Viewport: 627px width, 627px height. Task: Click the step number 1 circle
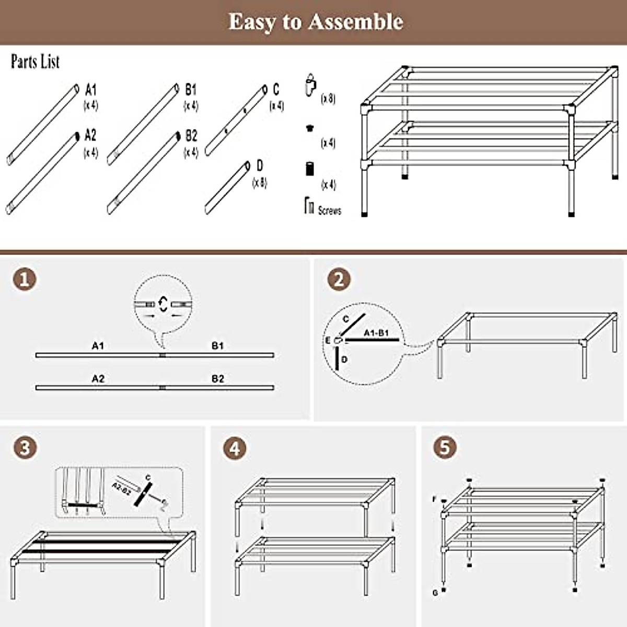point(25,279)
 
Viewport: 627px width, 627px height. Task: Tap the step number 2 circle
point(339,279)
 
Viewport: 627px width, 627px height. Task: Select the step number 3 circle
point(25,448)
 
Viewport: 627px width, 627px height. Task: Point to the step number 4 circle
point(235,448)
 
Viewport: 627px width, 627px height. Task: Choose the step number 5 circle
point(445,448)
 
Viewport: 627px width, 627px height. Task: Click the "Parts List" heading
point(36,62)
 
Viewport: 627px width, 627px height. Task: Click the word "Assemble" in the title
point(355,22)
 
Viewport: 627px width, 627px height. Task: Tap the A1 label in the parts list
point(91,90)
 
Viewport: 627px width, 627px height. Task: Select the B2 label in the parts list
point(191,136)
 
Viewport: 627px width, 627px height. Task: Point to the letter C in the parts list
point(276,90)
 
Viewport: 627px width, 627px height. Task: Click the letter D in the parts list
point(260,166)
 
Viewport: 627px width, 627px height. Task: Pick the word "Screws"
point(329,211)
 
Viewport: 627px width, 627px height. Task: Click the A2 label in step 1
point(98,379)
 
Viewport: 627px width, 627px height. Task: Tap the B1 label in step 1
point(217,346)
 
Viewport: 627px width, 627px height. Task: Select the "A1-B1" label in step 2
point(376,333)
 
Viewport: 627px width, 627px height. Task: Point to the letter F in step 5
point(434,500)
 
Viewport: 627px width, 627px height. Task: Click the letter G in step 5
point(435,593)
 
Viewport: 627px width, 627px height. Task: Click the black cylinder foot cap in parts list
point(309,169)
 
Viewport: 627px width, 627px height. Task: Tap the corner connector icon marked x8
point(311,85)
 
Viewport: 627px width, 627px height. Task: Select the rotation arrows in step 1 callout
point(163,304)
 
